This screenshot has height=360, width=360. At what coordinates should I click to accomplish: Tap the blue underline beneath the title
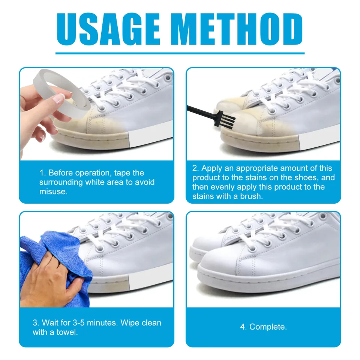[180, 53]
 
